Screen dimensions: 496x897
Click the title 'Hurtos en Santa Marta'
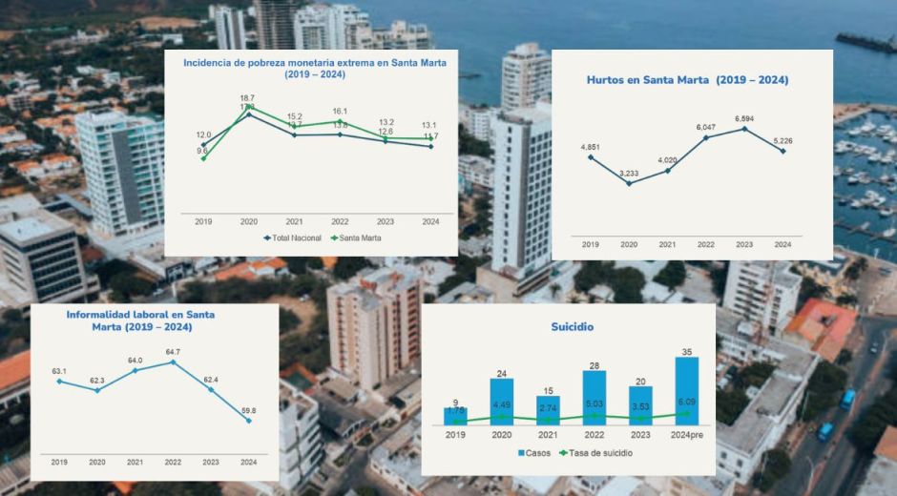click(x=687, y=80)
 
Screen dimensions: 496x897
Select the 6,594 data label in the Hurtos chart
click(x=743, y=118)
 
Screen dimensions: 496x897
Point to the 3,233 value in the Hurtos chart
click(x=629, y=173)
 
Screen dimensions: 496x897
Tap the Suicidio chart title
click(x=572, y=326)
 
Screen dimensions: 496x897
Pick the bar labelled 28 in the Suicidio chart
click(x=595, y=398)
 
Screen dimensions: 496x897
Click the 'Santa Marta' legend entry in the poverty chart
click(x=355, y=238)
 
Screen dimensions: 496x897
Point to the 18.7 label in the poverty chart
click(x=247, y=98)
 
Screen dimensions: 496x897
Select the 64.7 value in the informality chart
click(x=173, y=352)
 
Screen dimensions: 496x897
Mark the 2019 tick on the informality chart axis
click(x=59, y=463)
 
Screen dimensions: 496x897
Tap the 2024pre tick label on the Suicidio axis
click(x=686, y=435)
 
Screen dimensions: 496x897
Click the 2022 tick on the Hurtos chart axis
click(x=705, y=244)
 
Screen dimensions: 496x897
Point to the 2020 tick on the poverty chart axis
click(x=248, y=221)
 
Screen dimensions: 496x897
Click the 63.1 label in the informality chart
click(x=59, y=371)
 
